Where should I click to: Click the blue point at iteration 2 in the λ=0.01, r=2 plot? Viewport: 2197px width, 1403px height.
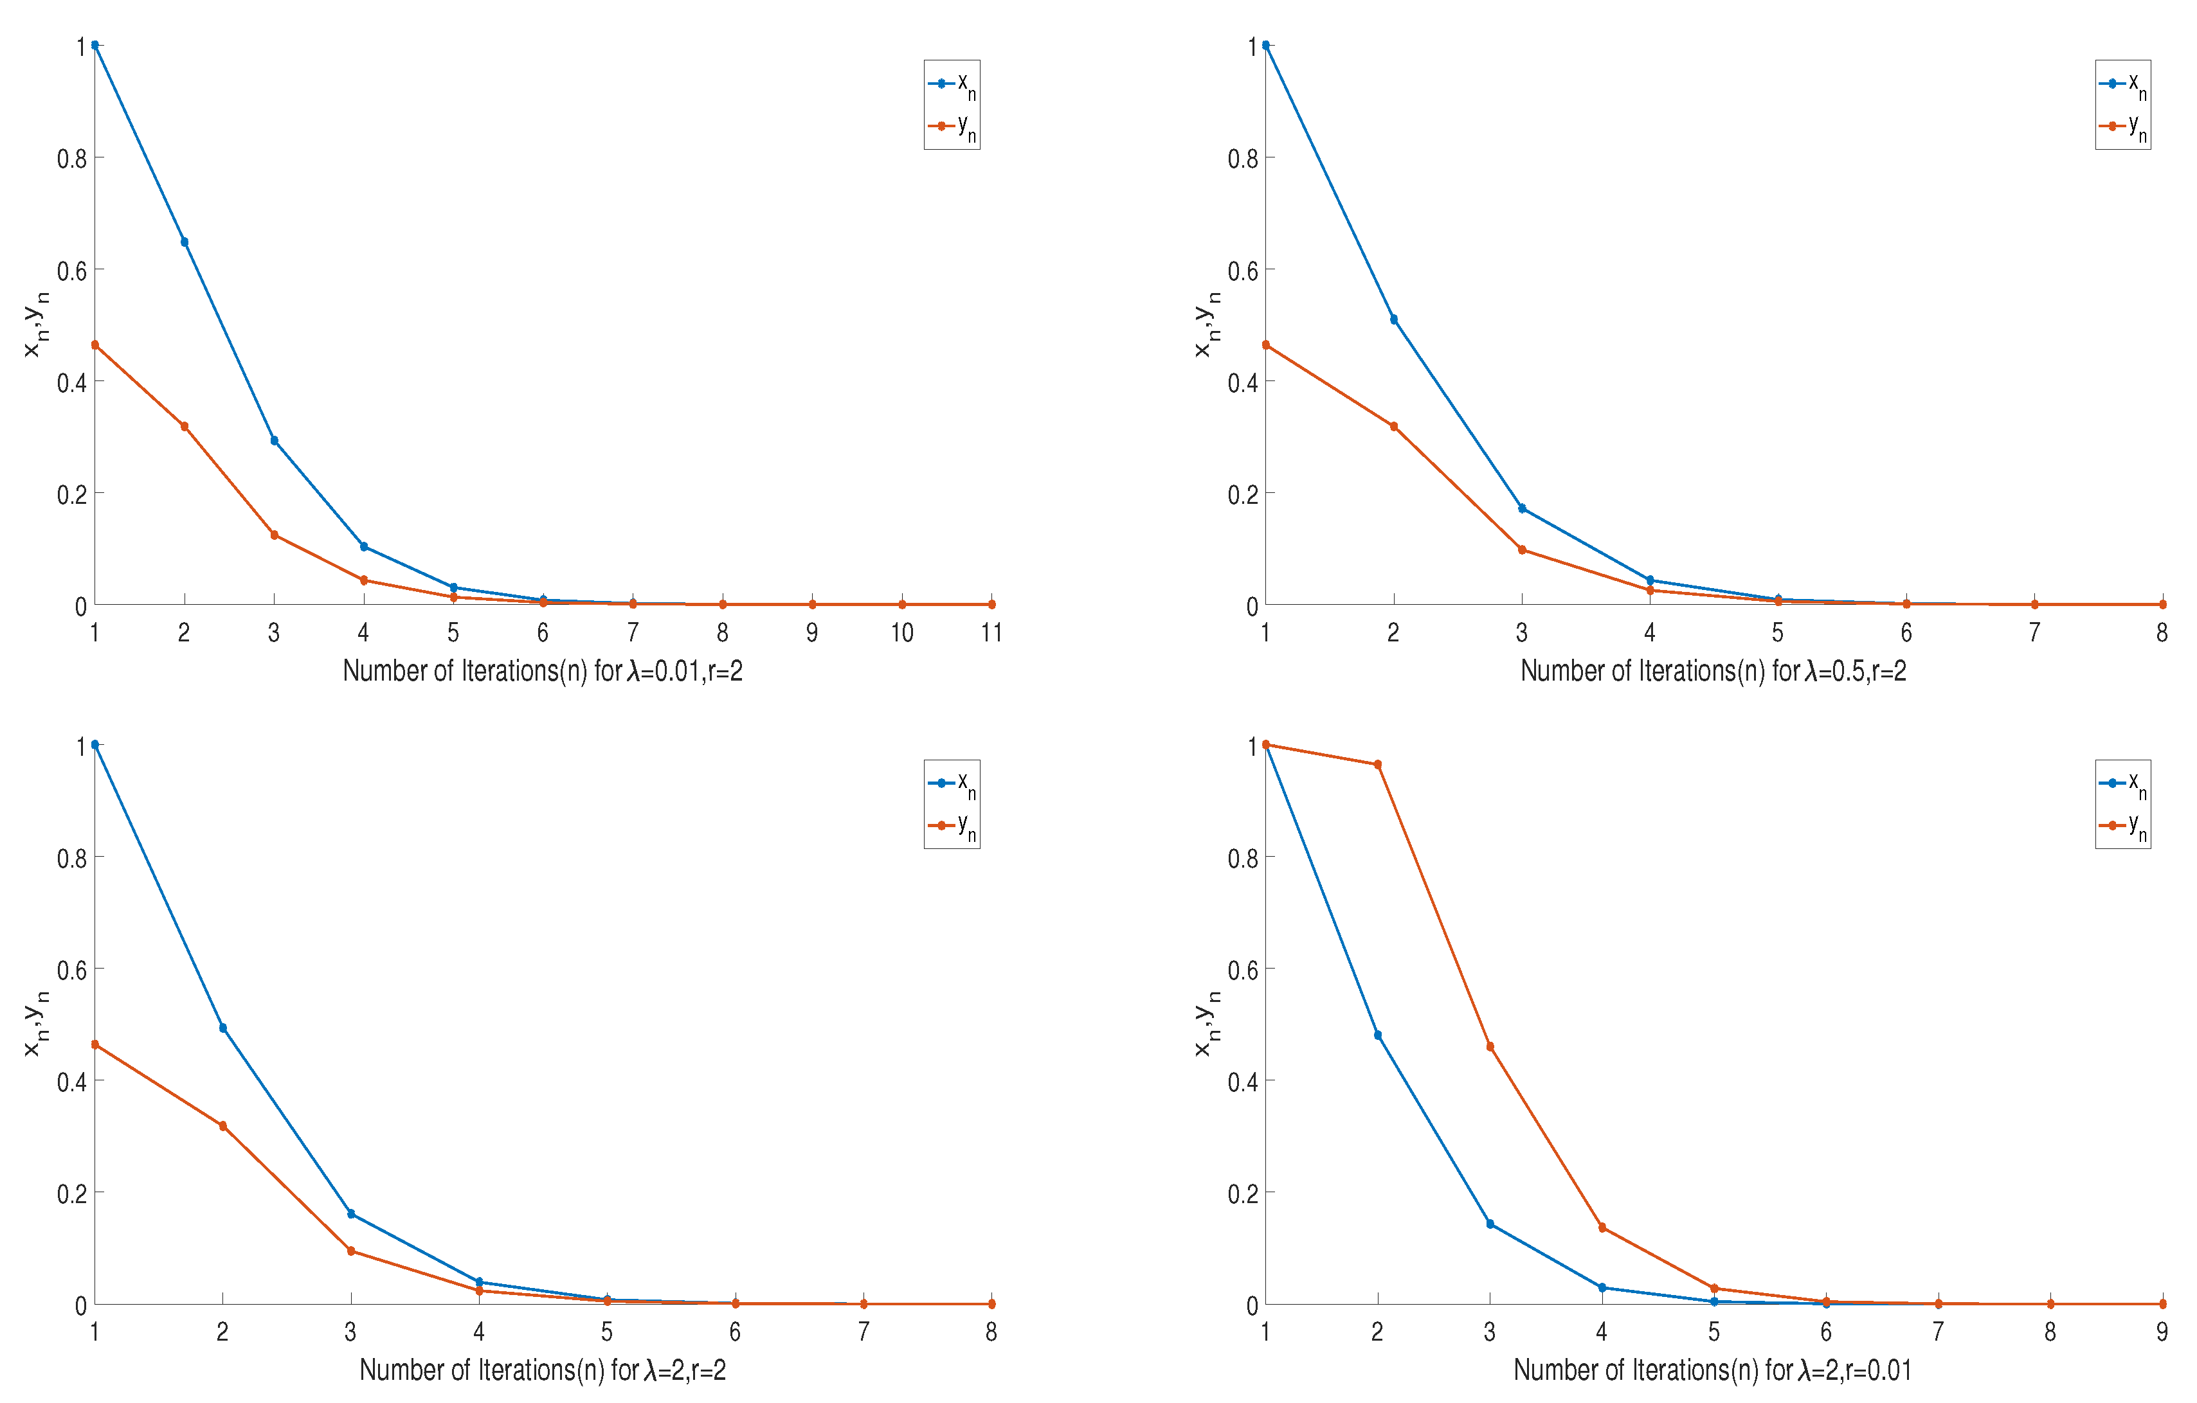point(185,242)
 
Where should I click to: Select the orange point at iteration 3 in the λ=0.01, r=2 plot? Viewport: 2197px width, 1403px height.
point(274,535)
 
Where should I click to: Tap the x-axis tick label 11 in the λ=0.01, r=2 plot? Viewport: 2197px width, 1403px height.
point(991,632)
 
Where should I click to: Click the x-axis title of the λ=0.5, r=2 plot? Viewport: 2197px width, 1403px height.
point(1713,672)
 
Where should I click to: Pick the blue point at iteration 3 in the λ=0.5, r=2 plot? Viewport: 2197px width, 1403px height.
point(1522,508)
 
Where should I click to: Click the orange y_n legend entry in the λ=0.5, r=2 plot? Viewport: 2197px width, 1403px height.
point(2122,127)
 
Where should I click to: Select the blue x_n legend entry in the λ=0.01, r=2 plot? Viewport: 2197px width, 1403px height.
point(952,84)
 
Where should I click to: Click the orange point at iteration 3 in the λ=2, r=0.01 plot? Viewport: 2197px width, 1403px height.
point(1490,1046)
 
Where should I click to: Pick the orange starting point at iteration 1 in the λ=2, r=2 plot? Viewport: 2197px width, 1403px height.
point(95,1044)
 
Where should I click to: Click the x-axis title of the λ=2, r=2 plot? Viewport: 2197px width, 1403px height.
point(542,1370)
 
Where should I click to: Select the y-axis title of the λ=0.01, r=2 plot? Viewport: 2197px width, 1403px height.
point(35,324)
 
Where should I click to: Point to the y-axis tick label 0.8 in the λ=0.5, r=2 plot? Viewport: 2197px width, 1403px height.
point(1243,159)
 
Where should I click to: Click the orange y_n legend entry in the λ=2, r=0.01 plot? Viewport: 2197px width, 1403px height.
point(2122,827)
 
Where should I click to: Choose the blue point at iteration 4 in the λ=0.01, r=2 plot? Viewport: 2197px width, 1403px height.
point(364,546)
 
